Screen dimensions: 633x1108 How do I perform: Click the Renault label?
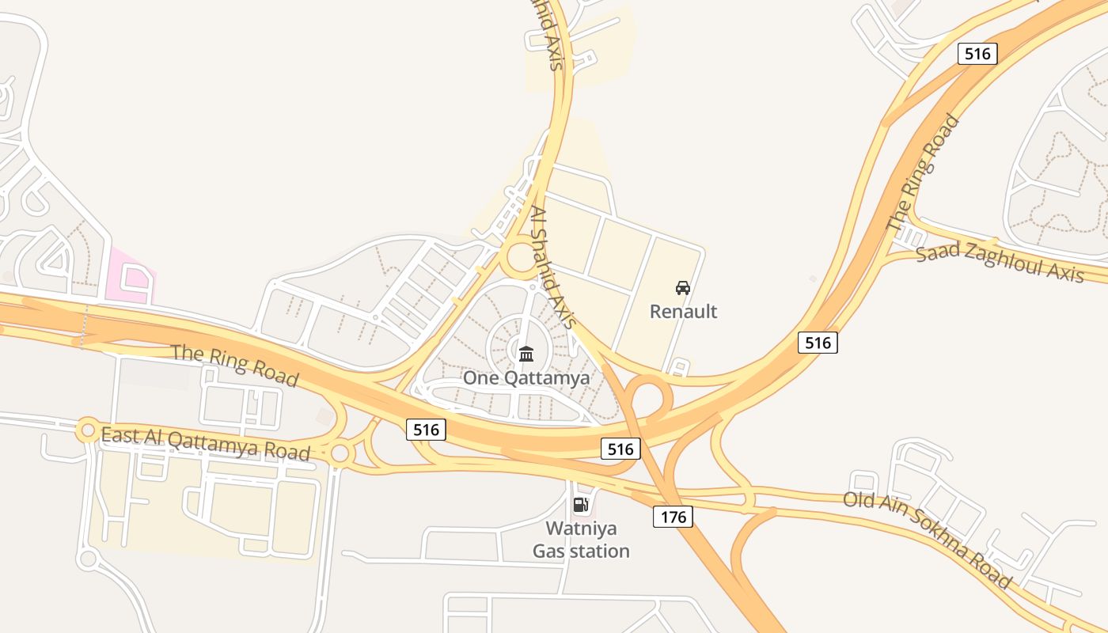point(683,311)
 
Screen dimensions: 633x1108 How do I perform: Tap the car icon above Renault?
point(683,288)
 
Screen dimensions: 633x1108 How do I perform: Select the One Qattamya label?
point(526,377)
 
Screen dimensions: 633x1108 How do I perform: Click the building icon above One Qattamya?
point(526,353)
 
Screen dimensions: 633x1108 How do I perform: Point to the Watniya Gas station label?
point(581,540)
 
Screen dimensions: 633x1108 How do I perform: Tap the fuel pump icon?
point(581,505)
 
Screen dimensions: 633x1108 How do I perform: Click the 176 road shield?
point(673,517)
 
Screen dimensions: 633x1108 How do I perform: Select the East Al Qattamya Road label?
point(205,443)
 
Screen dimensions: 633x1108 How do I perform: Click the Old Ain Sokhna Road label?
point(927,540)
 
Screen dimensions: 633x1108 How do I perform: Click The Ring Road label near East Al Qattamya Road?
point(235,365)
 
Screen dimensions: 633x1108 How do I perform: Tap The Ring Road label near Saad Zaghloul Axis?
point(923,174)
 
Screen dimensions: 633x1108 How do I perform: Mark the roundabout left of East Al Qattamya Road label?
point(87,430)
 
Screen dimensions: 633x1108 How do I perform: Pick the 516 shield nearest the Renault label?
point(818,342)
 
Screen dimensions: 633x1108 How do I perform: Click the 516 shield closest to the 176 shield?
point(620,449)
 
